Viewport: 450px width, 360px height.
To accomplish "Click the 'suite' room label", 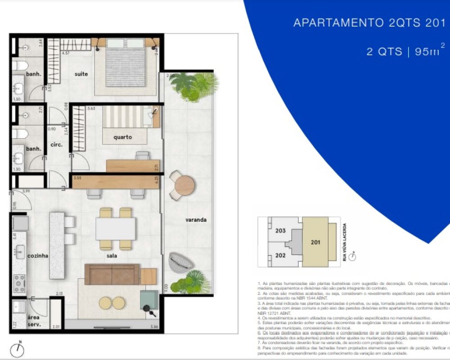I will point(81,74).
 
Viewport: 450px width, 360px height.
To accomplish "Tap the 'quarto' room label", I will point(122,137).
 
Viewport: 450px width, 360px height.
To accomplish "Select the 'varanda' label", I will point(196,220).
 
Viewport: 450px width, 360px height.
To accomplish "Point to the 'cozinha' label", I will point(37,256).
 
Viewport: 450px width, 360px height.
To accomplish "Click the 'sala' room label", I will point(112,256).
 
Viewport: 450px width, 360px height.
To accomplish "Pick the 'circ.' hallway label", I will point(57,145).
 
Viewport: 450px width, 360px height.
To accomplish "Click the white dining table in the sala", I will point(116,229).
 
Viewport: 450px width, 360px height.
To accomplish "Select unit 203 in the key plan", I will point(280,231).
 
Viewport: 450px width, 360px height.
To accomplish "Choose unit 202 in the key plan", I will point(280,255).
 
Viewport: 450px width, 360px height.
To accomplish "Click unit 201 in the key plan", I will point(315,242).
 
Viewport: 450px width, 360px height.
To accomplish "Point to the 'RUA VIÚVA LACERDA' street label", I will point(344,242).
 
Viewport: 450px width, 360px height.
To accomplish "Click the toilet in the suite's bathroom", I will point(19,66).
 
